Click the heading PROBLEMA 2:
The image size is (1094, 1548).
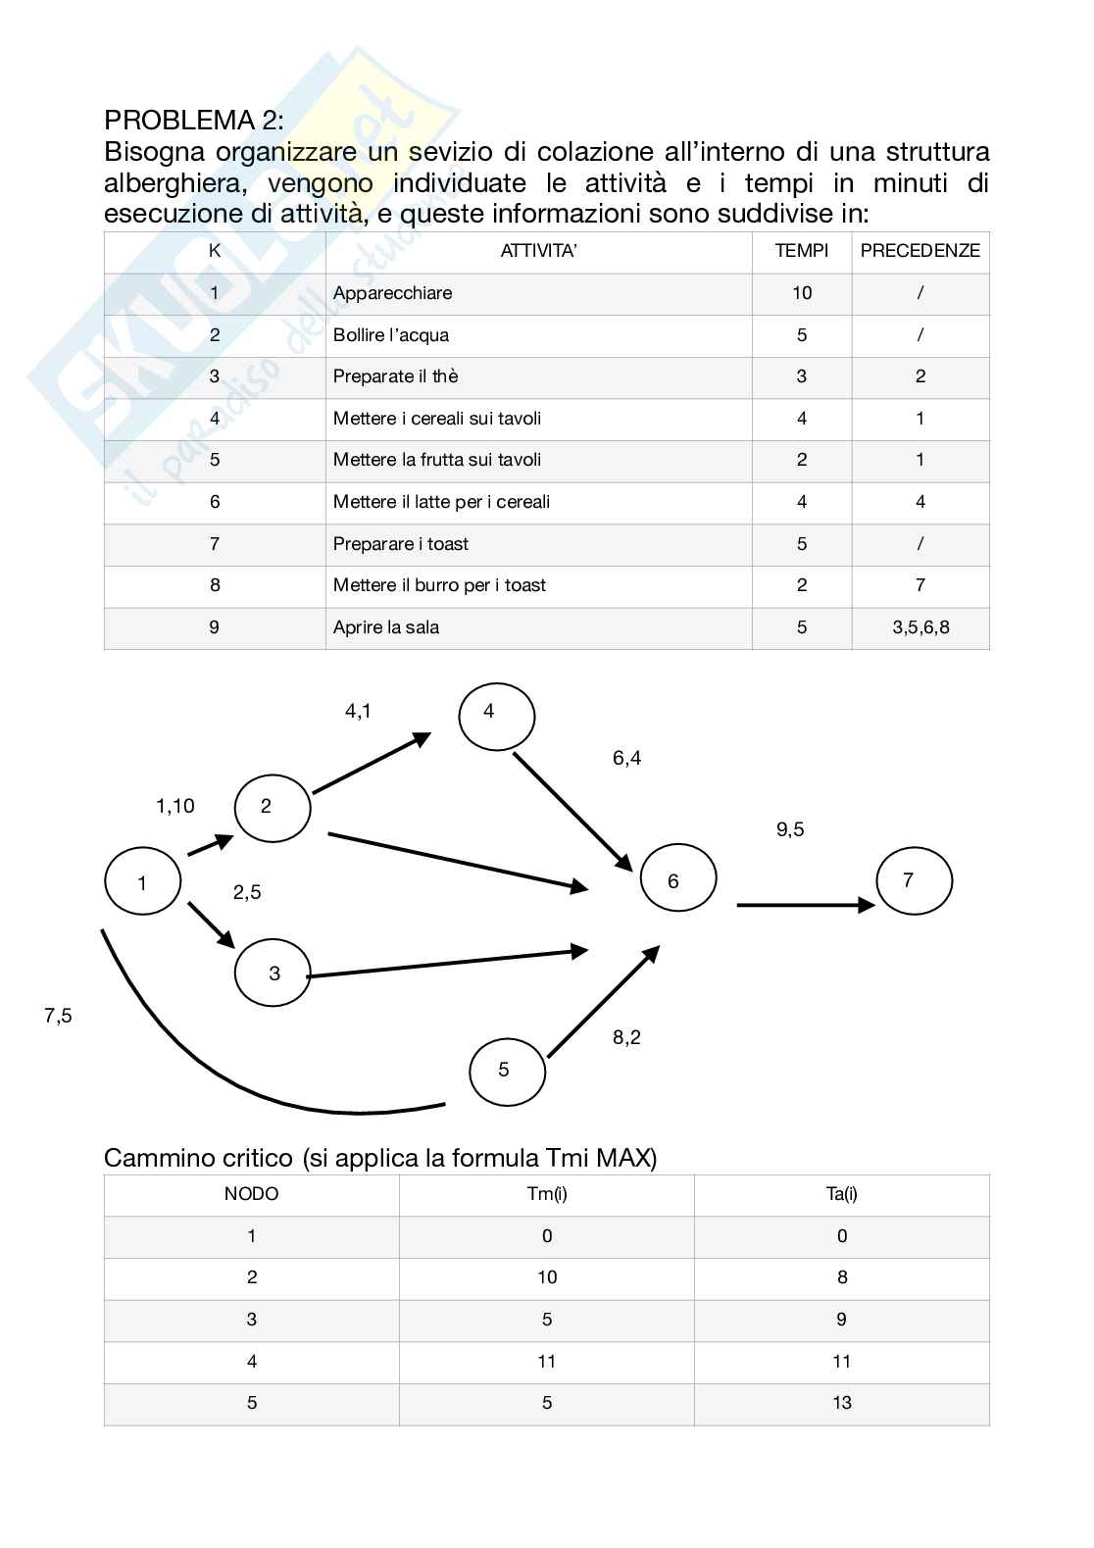coord(194,121)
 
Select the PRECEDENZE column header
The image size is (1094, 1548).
coord(920,251)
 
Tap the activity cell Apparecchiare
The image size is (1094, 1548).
coord(392,293)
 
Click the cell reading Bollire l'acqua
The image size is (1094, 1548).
coord(390,335)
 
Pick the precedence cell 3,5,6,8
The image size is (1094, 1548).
coord(920,627)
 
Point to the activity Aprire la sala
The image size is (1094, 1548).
coord(385,627)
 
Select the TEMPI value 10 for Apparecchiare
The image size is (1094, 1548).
coord(801,293)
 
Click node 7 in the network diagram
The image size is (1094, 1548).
coord(914,880)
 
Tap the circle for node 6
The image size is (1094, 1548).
coord(677,879)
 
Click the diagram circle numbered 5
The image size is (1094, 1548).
coord(507,1071)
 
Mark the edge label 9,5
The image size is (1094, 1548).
coord(790,829)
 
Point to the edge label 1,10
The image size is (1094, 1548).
coord(175,806)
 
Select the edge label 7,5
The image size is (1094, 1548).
coord(58,1016)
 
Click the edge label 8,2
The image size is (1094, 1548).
coord(626,1037)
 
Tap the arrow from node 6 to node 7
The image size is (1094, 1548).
coord(804,905)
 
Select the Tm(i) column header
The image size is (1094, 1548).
coord(546,1194)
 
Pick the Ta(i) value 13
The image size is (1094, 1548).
coord(841,1403)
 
